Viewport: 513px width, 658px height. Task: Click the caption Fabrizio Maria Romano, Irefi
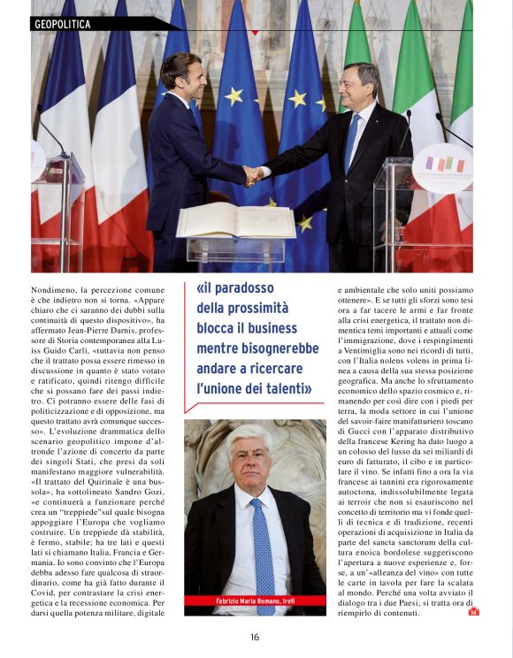[x=255, y=603]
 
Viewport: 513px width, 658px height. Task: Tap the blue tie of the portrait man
[x=263, y=539]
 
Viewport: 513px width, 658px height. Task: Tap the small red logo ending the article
[x=473, y=611]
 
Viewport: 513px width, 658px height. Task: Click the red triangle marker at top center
[x=256, y=32]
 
